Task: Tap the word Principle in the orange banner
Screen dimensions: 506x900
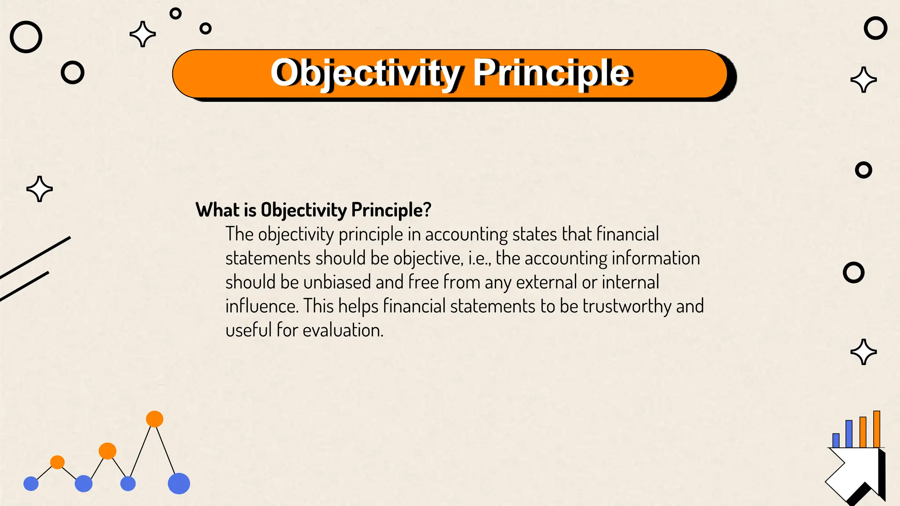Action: (x=552, y=73)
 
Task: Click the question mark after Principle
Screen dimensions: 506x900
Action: (x=427, y=210)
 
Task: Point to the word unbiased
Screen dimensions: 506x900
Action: (x=337, y=282)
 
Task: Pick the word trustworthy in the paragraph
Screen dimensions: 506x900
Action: (x=627, y=306)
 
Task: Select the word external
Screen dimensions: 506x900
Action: (x=546, y=282)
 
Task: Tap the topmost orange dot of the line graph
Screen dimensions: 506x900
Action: (x=154, y=419)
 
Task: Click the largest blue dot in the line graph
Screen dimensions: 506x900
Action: (x=179, y=484)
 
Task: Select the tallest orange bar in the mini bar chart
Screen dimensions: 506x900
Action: (x=877, y=429)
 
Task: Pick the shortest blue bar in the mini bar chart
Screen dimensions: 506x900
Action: (x=836, y=441)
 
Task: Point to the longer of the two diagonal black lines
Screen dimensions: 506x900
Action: (x=35, y=258)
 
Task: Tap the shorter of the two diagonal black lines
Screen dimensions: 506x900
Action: (x=24, y=286)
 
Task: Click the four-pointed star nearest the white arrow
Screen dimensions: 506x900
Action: (x=864, y=352)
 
